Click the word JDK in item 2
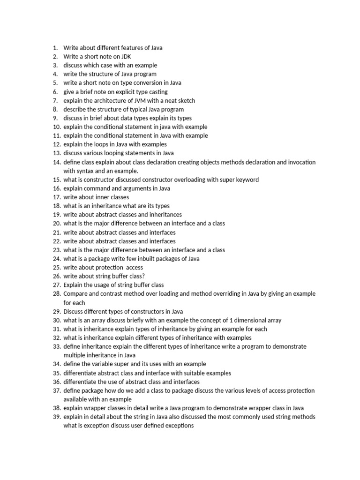point(125,56)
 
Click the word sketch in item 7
point(185,100)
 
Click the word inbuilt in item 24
point(151,259)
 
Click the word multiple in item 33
point(75,355)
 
